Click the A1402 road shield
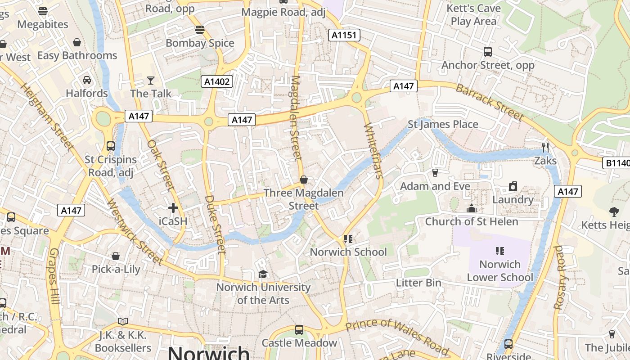point(217,81)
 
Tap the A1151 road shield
point(344,35)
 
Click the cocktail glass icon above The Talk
point(151,81)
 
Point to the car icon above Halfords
point(87,80)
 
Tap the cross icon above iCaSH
point(173,208)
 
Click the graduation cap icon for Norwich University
point(263,274)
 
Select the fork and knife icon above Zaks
point(545,148)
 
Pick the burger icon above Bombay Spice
point(200,30)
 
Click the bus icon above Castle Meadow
point(299,330)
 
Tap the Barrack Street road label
point(490,102)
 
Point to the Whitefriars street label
point(373,150)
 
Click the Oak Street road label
point(161,165)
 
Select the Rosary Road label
point(559,277)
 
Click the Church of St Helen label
point(472,221)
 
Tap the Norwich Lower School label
point(499,270)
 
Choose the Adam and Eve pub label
point(435,186)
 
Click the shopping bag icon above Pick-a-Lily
point(116,256)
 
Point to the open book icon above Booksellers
point(123,321)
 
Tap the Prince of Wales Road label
point(397,335)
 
